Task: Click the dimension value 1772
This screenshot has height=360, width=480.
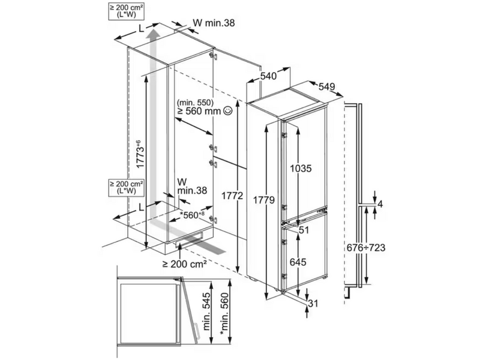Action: pyautogui.click(x=232, y=196)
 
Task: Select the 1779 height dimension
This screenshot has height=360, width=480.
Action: pyautogui.click(x=263, y=200)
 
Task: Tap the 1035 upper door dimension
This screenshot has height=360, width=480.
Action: pyautogui.click(x=301, y=168)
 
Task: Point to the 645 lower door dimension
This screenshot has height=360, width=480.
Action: pyautogui.click(x=298, y=262)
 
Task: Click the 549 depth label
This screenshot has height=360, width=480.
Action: pyautogui.click(x=326, y=87)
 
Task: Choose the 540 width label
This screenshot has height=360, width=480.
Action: pyautogui.click(x=268, y=76)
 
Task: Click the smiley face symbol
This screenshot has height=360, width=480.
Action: pyautogui.click(x=228, y=110)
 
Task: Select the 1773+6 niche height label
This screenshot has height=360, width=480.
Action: pyautogui.click(x=140, y=154)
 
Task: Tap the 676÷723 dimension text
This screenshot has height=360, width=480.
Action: pyautogui.click(x=366, y=247)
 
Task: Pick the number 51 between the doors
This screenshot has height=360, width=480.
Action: pyautogui.click(x=304, y=230)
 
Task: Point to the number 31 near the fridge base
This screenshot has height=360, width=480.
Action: pyautogui.click(x=313, y=304)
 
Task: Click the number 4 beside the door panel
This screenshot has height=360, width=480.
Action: pyautogui.click(x=380, y=204)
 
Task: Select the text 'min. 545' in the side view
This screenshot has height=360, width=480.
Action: pyautogui.click(x=207, y=311)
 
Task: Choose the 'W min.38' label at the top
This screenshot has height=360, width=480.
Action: pyautogui.click(x=214, y=23)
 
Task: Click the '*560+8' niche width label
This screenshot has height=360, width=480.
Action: pyautogui.click(x=192, y=215)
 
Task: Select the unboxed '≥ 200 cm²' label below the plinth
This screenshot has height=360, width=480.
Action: pyautogui.click(x=185, y=263)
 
